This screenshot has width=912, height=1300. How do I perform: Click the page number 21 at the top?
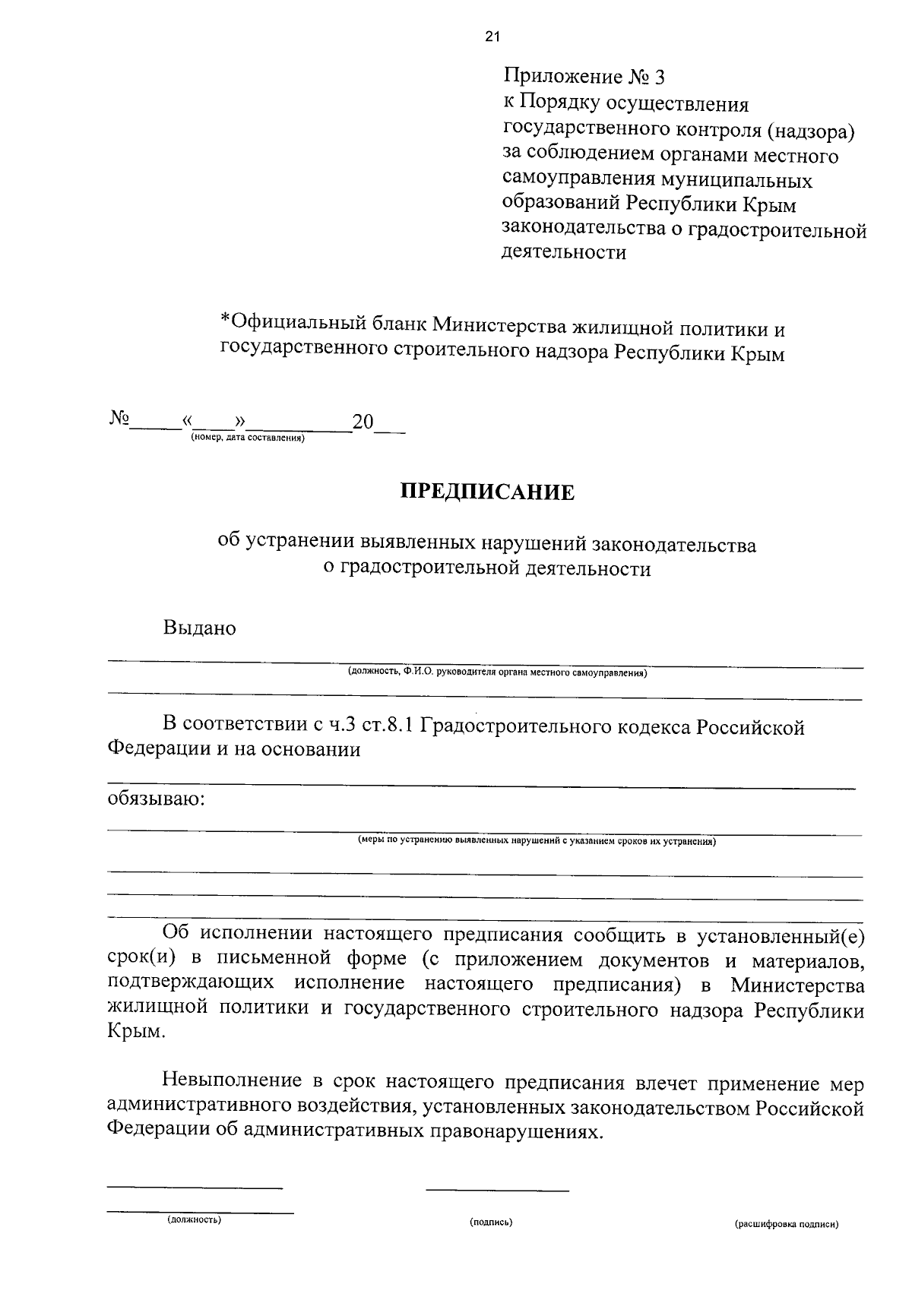[x=492, y=35]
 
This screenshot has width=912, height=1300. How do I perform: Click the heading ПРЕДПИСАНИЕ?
[x=488, y=492]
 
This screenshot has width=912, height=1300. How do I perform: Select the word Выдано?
[x=199, y=628]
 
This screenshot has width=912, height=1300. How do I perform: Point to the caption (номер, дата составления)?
[x=248, y=438]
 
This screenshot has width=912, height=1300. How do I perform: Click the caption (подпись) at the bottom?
[x=491, y=1223]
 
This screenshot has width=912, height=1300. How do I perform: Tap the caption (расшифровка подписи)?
[x=786, y=1225]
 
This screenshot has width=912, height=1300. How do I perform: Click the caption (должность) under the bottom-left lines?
[x=195, y=1219]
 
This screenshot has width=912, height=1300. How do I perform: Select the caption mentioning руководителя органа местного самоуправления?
[x=497, y=672]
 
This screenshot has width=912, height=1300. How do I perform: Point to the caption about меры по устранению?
[x=537, y=841]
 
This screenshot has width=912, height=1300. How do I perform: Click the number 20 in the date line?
[x=363, y=422]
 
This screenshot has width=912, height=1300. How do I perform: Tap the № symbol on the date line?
[x=119, y=419]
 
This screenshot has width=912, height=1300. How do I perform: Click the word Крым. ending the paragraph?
[x=135, y=1033]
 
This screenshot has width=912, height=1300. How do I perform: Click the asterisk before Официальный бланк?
[x=224, y=321]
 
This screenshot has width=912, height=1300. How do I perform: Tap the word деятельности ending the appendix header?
[x=564, y=252]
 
